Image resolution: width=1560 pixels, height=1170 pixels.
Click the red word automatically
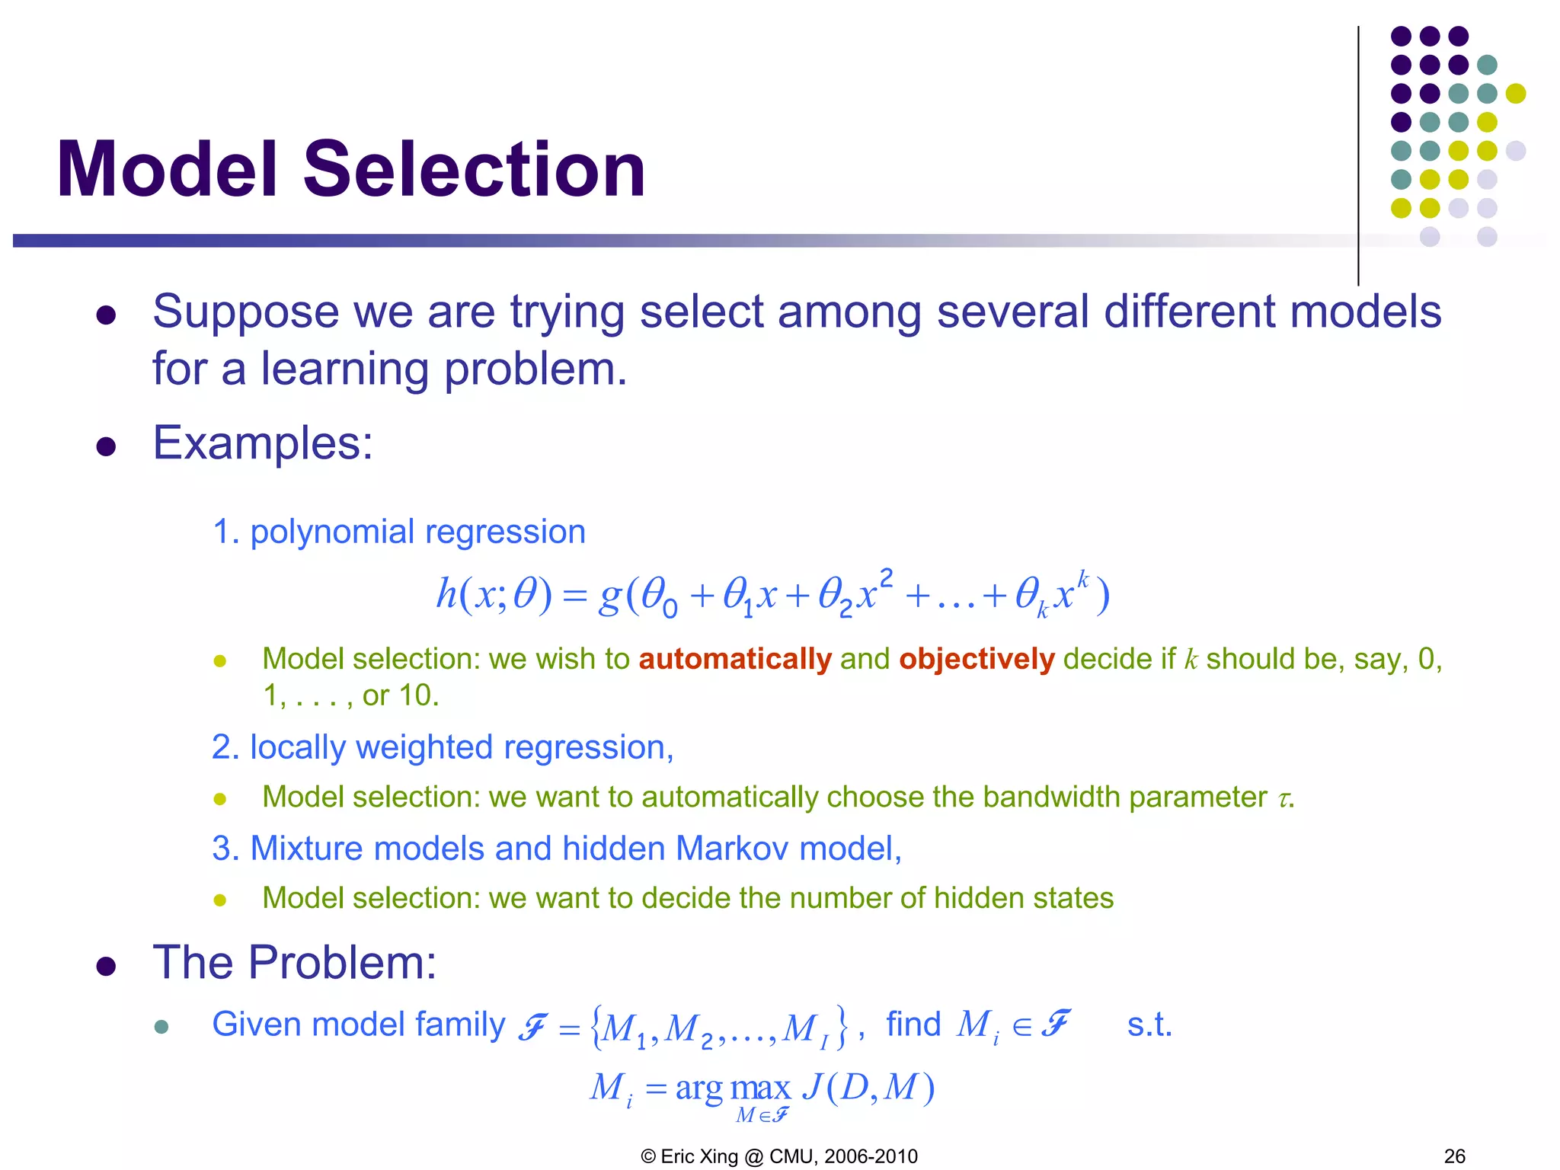734,659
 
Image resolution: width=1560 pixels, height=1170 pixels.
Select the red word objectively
977,659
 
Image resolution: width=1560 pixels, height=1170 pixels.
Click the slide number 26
1454,1156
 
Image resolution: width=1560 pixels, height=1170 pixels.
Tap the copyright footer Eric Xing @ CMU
779,1156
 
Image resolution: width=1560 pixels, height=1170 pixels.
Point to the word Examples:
263,443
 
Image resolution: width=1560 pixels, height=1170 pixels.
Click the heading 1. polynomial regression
398,532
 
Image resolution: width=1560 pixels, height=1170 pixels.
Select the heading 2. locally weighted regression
442,747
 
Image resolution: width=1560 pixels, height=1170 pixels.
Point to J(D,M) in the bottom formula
868,1087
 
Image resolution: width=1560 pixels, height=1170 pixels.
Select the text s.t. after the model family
1149,1025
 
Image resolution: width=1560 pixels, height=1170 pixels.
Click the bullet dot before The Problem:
106,967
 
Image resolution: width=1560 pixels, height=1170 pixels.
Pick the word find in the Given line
913,1024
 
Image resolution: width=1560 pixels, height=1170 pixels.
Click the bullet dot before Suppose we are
106,315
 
